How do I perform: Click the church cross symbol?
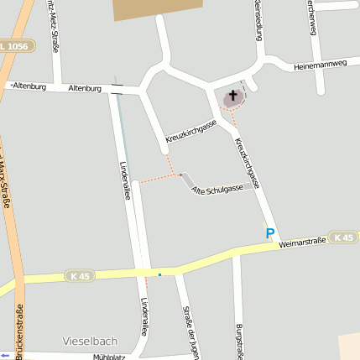tap(232, 97)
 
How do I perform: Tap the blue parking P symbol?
tap(270, 234)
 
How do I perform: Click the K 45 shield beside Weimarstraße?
tap(342, 237)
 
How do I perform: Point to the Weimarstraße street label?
tap(302, 243)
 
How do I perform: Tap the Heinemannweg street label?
tap(320, 65)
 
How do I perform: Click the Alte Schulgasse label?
tap(217, 189)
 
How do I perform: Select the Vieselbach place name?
tap(91, 341)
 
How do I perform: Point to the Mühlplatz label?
tap(108, 357)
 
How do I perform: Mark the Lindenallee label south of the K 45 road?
tap(144, 316)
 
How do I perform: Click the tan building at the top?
tap(157, 9)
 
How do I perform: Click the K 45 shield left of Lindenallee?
tap(81, 275)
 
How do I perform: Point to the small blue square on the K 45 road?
tap(159, 273)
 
